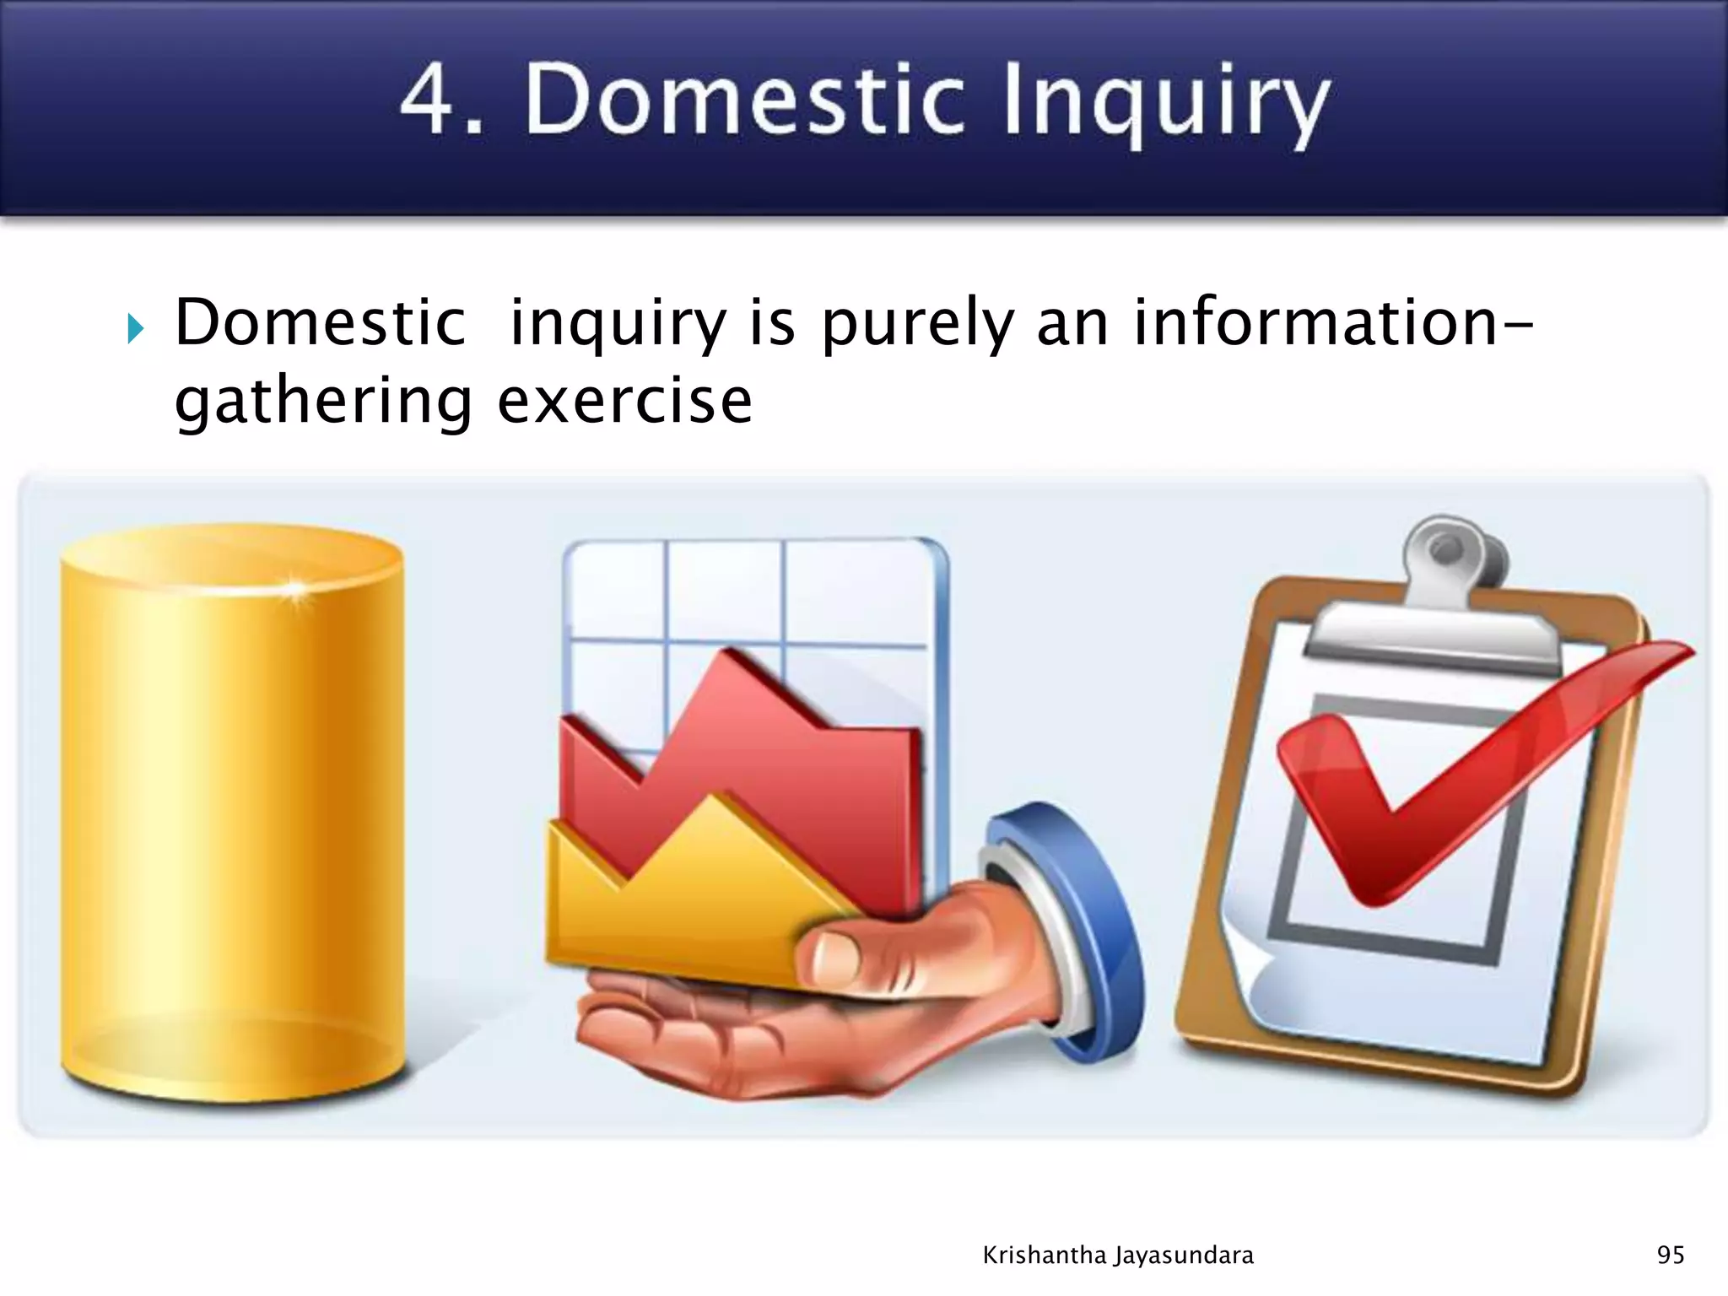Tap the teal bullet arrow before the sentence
(136, 328)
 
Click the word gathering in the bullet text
(324, 402)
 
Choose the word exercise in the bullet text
(624, 402)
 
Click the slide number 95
(1671, 1255)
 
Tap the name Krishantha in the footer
(1045, 1255)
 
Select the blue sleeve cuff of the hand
(1072, 920)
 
